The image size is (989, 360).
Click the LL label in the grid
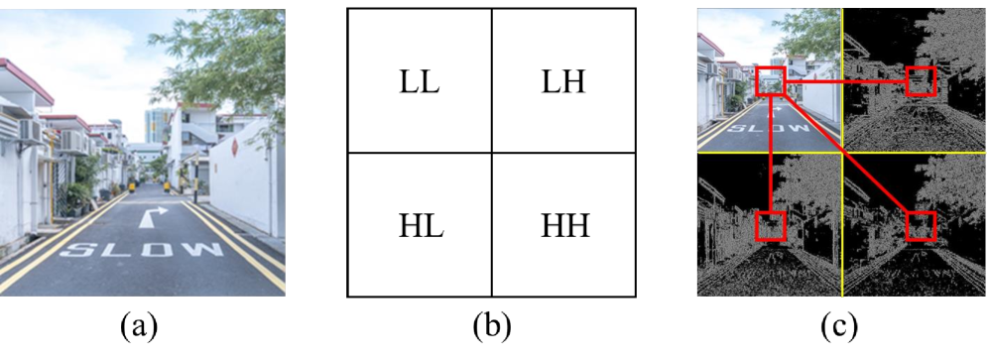point(421,82)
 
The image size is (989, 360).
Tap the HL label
point(421,226)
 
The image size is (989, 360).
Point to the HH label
point(565,226)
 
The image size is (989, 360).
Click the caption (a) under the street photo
point(138,324)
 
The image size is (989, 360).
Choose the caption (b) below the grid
point(491,324)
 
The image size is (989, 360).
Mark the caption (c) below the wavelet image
point(842,324)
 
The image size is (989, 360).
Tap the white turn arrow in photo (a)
point(154,215)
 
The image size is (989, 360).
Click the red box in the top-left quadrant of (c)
point(771,81)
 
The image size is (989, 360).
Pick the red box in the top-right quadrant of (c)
point(921,81)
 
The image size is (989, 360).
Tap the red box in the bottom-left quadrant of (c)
point(771,226)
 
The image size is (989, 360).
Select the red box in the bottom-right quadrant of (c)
point(921,226)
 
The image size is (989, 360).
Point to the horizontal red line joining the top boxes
point(845,83)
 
